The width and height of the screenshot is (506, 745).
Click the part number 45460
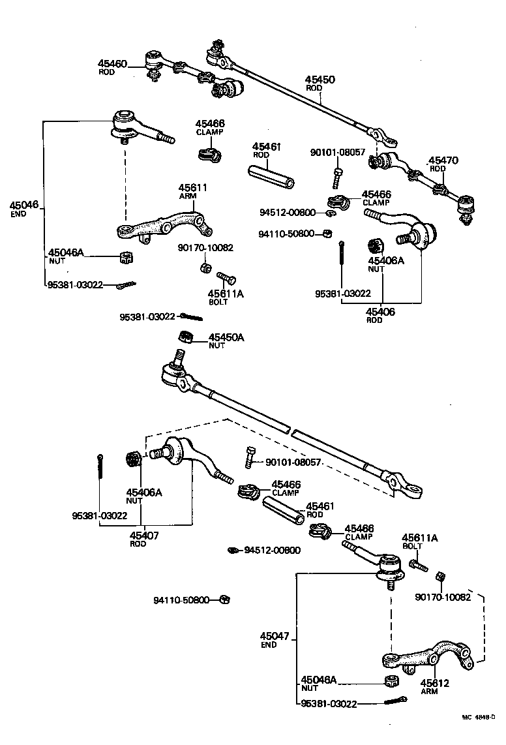click(x=112, y=63)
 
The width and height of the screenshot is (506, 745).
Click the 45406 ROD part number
click(x=380, y=312)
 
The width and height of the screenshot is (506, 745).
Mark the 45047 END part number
click(x=273, y=636)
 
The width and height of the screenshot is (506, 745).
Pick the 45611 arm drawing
click(x=166, y=225)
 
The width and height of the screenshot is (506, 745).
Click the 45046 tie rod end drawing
click(x=134, y=126)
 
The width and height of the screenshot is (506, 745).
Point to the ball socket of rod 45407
click(x=175, y=451)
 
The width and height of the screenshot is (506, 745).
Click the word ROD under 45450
click(x=314, y=88)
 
